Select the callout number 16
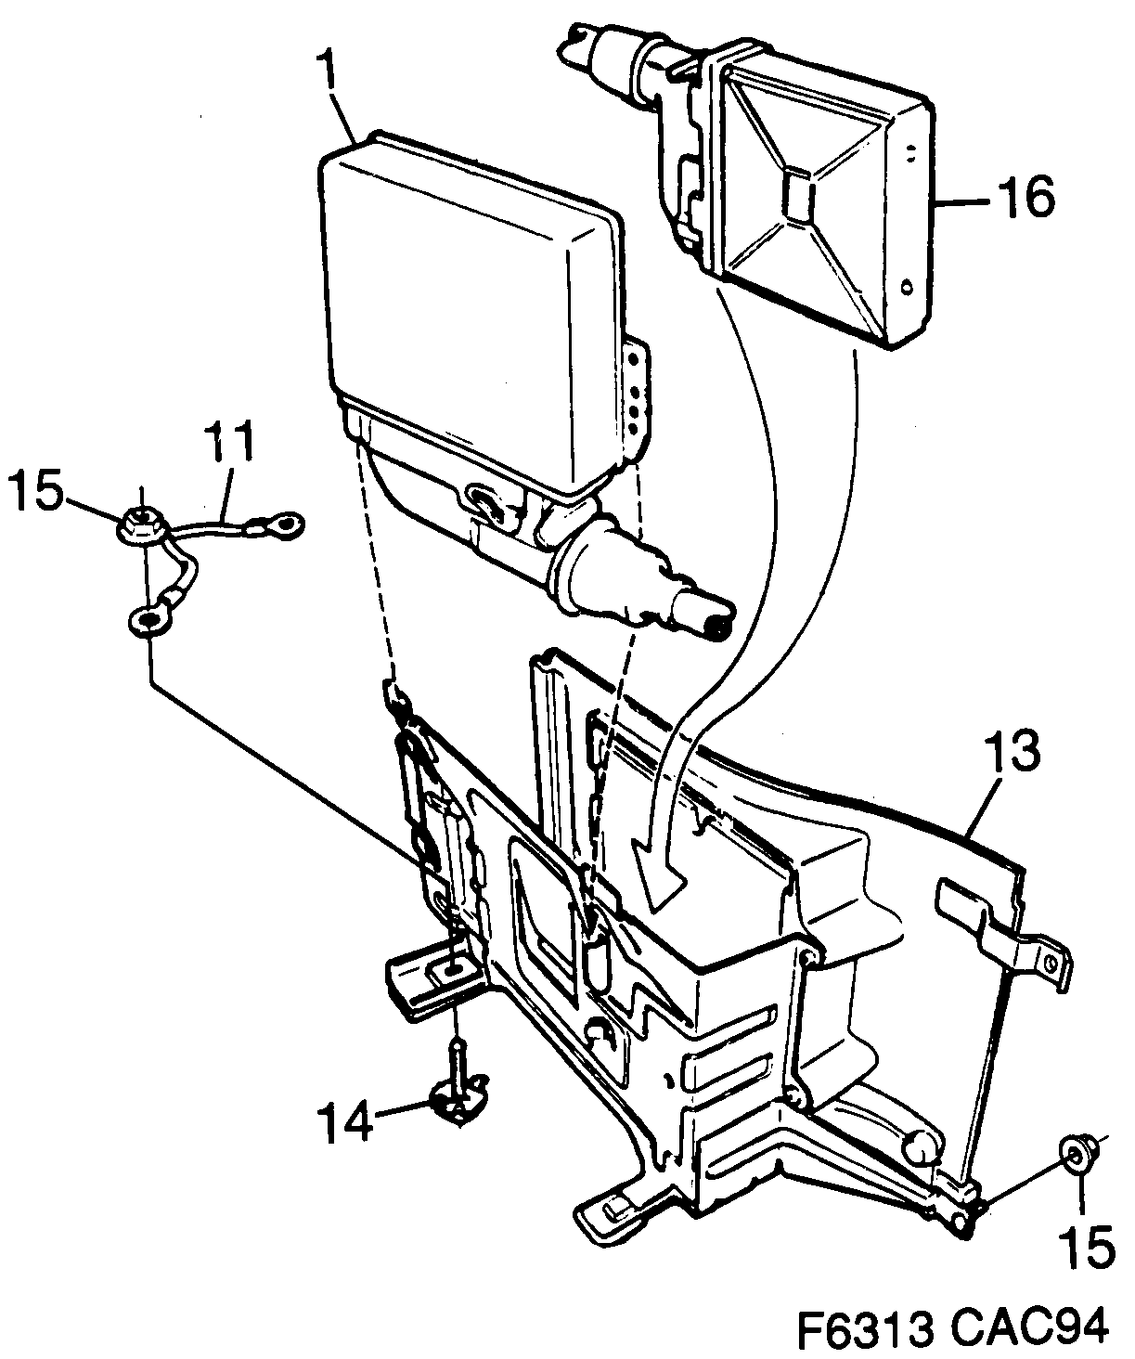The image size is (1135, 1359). [x=1026, y=197]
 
